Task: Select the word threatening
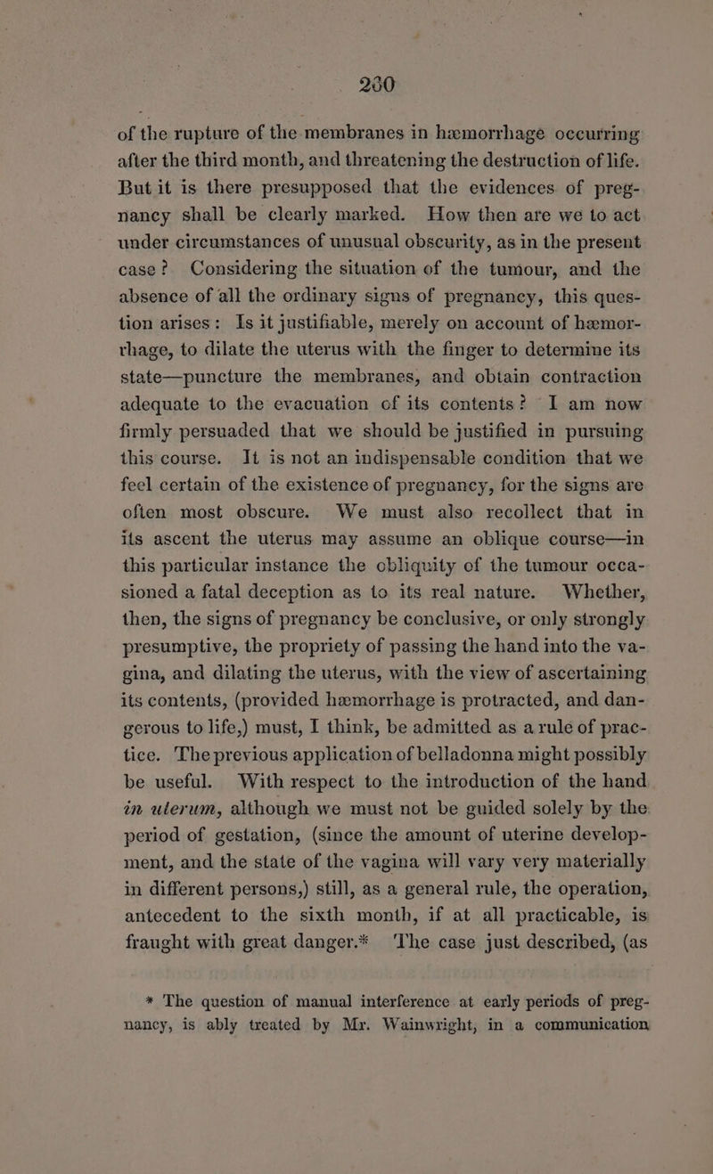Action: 394,151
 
